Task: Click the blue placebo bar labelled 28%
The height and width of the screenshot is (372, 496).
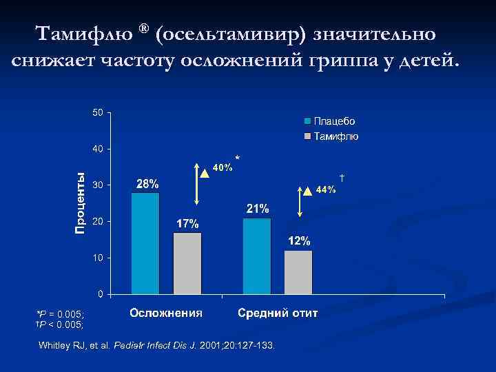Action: click(145, 243)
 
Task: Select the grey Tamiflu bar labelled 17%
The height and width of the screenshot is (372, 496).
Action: click(187, 263)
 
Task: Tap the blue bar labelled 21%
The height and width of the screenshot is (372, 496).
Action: click(257, 256)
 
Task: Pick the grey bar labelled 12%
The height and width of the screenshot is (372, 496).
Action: click(298, 272)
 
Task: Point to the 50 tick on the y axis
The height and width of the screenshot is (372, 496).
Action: click(99, 112)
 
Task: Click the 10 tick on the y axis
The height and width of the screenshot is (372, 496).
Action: click(99, 258)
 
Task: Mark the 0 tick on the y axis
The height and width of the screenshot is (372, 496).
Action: click(101, 294)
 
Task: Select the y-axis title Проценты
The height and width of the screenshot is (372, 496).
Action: click(81, 202)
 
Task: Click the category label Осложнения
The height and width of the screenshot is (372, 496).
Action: click(166, 313)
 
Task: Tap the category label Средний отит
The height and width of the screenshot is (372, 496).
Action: click(278, 313)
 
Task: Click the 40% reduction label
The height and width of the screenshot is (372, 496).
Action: click(222, 167)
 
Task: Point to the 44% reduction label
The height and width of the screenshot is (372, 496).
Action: click(325, 189)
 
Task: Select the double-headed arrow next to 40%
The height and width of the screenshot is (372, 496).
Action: click(196, 185)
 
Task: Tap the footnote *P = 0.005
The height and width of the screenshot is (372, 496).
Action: click(60, 313)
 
